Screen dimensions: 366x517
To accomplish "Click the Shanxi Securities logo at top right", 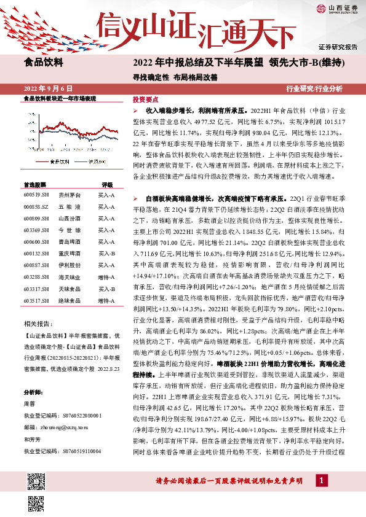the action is [337, 9].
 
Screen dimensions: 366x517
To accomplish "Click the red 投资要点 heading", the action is [146, 99].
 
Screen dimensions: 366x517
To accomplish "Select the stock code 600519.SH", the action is [36, 195].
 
